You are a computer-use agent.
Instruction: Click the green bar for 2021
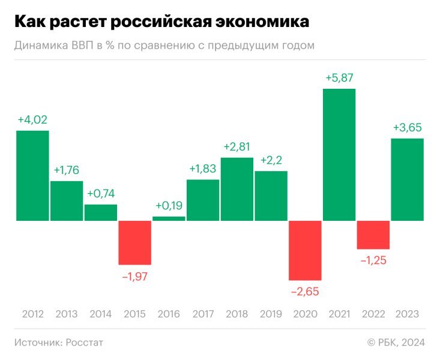point(339,155)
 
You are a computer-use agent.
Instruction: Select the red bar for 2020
point(305,250)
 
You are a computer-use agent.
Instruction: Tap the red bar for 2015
point(134,242)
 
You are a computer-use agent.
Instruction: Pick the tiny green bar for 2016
point(169,218)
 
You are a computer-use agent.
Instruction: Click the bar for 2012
point(32,175)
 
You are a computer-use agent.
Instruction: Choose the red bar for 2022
point(373,235)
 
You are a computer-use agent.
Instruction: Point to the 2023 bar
point(408,179)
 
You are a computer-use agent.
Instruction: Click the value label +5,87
point(339,78)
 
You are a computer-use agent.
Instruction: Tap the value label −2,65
point(305,292)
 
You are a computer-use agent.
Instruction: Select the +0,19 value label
point(169,205)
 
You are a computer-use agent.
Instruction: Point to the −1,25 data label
point(373,260)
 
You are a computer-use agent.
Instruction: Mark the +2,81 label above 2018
point(237,146)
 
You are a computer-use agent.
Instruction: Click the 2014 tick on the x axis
point(100,314)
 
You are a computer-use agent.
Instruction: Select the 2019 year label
point(271,314)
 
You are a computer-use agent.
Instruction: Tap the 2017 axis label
point(202,314)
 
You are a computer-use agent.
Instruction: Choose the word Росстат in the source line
point(85,342)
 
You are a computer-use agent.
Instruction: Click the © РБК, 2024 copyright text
point(396,342)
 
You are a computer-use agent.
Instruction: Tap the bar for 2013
point(66,200)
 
